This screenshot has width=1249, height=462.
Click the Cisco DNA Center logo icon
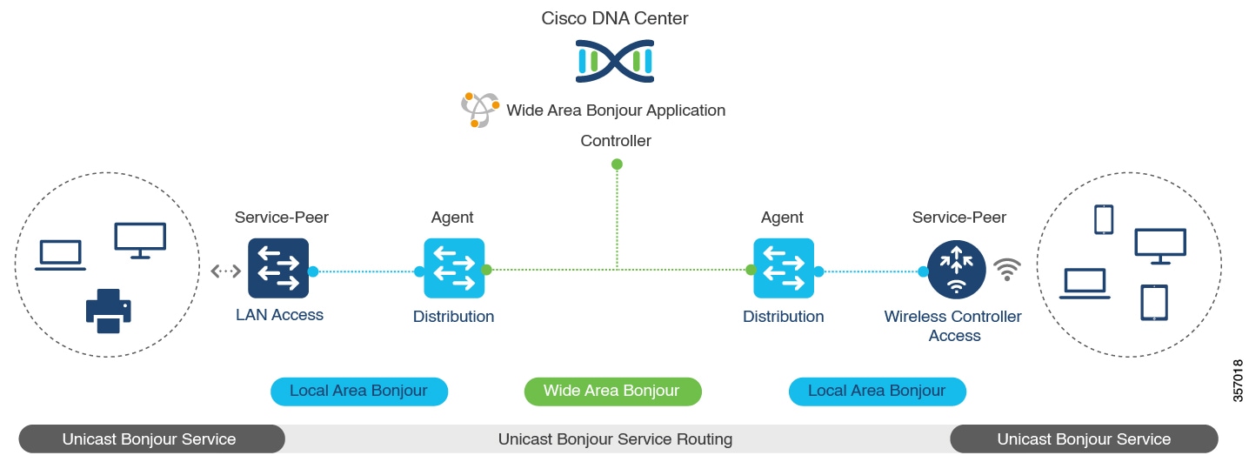point(614,61)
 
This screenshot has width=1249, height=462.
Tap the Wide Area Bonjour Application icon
point(479,110)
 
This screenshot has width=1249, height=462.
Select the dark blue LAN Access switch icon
point(278,268)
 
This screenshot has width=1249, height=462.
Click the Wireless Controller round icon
point(956,270)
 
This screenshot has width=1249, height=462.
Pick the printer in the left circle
point(108,311)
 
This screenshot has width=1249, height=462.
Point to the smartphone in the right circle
point(1104,219)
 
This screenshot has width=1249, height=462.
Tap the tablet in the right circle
point(1154,303)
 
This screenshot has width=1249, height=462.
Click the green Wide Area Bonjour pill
point(613,392)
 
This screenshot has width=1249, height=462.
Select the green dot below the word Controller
point(617,164)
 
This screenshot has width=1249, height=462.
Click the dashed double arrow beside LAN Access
point(226,271)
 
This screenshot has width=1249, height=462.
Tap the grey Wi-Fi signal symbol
point(1007,270)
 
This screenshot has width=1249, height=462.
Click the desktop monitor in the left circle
point(140,241)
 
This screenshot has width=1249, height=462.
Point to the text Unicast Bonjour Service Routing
point(615,439)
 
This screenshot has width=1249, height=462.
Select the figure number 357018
point(1238,380)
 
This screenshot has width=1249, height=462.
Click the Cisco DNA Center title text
point(614,18)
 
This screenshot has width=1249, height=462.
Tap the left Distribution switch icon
point(454,268)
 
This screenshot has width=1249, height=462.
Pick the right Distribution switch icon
point(784,268)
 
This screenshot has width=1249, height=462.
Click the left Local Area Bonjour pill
point(359,392)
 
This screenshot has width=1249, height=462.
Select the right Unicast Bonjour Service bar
point(1084,439)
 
